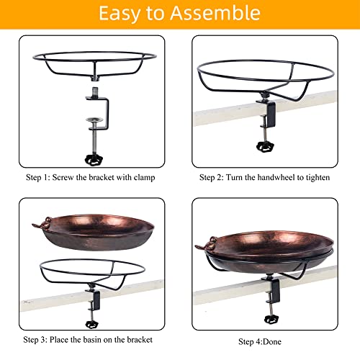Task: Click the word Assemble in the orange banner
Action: click(215, 13)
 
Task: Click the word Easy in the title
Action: click(120, 14)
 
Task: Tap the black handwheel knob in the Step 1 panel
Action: click(94, 160)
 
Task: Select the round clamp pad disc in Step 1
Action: click(94, 120)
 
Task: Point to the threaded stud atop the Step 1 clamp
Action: click(95, 91)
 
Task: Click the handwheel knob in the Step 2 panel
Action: click(265, 147)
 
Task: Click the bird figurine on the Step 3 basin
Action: click(42, 222)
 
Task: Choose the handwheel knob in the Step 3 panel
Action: click(92, 325)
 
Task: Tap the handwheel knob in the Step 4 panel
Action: click(271, 319)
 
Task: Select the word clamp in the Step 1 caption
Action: click(144, 178)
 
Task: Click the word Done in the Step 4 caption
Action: click(272, 341)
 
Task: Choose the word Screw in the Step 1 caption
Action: click(63, 177)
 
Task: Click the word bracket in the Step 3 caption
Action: click(140, 340)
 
